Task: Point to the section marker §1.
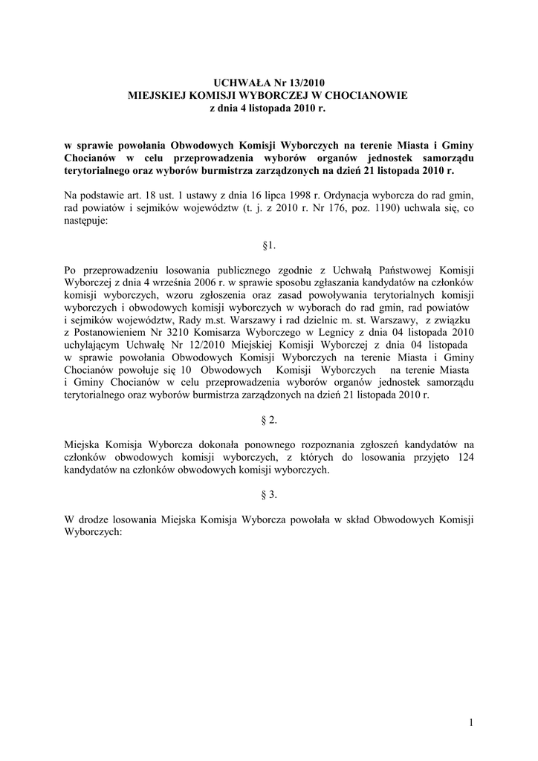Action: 269,245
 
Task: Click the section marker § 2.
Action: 269,420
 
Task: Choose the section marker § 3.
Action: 269,494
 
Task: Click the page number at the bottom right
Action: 471,722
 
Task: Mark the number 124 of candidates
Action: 462,457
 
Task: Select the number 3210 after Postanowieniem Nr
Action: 191,331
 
